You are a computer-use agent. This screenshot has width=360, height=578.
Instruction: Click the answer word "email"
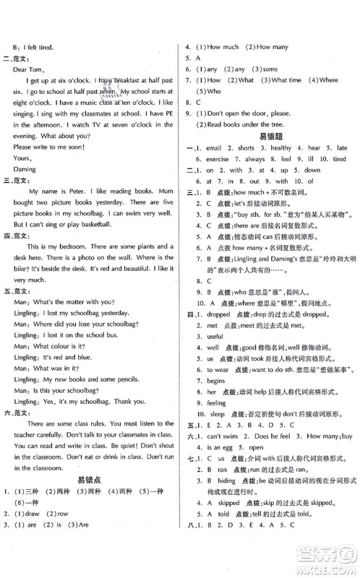point(214,147)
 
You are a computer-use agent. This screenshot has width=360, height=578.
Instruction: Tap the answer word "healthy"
point(281,147)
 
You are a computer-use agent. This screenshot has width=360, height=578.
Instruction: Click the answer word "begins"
point(215,381)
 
